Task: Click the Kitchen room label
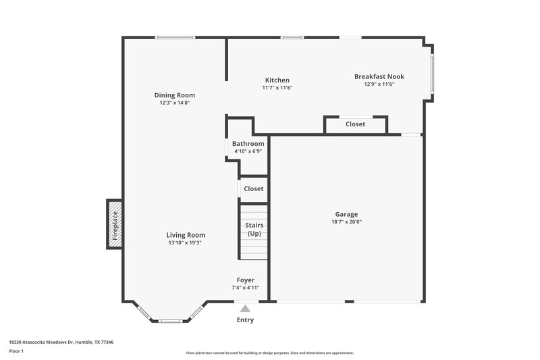click(x=277, y=80)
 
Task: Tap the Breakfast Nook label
click(x=379, y=76)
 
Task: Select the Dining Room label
click(x=174, y=95)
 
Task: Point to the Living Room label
click(x=186, y=235)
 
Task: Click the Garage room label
click(x=344, y=214)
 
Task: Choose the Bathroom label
click(x=248, y=144)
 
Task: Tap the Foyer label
click(x=245, y=280)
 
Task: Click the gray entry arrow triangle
click(x=245, y=308)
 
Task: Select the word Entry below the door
click(x=245, y=320)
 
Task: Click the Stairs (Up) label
click(x=254, y=229)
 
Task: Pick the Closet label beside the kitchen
click(x=355, y=124)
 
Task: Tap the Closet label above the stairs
click(x=253, y=189)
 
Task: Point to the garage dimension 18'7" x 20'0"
click(x=344, y=222)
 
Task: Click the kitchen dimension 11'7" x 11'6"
click(x=277, y=87)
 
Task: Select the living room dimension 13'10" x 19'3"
click(x=186, y=242)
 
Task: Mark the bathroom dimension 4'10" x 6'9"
click(x=248, y=151)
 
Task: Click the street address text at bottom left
click(x=61, y=342)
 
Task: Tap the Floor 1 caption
click(x=16, y=352)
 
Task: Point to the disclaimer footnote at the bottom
click(x=269, y=353)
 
